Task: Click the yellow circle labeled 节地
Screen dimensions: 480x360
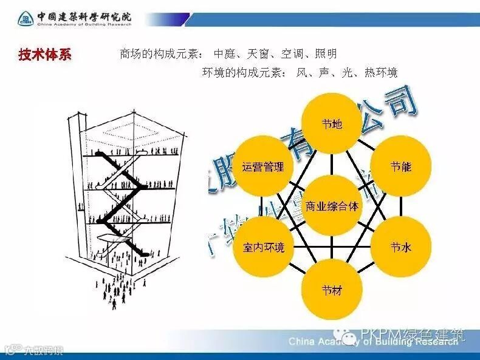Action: (332, 124)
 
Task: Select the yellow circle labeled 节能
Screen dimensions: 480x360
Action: (401, 166)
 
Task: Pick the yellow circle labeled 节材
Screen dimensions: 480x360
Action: (332, 289)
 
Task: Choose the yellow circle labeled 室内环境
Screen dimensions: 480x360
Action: (263, 247)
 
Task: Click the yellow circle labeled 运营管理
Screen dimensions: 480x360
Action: (263, 166)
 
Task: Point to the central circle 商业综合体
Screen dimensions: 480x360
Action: (332, 206)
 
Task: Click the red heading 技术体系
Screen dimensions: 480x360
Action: (44, 55)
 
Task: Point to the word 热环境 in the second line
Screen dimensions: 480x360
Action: (381, 73)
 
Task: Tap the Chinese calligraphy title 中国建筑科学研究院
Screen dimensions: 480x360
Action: (83, 16)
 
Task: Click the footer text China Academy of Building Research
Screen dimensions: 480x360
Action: (373, 342)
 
